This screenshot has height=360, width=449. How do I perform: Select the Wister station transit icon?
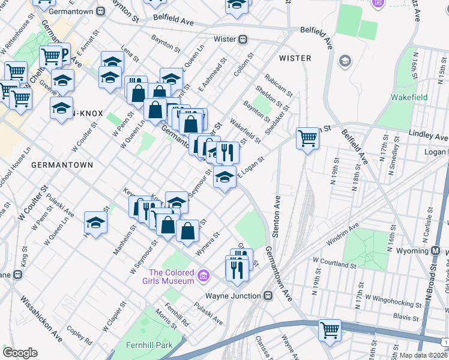click(243, 40)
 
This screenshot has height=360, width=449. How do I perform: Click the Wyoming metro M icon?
click(435, 250)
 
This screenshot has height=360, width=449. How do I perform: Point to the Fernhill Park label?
click(149, 345)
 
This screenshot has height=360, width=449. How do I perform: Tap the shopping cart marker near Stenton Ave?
click(307, 138)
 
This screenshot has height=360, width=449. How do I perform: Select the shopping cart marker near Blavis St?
click(330, 329)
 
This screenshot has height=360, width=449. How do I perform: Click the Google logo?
click(20, 353)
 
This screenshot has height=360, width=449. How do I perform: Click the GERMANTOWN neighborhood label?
click(62, 164)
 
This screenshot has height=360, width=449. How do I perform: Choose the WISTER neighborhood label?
click(295, 58)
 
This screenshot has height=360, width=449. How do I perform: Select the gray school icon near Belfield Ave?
click(345, 61)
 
